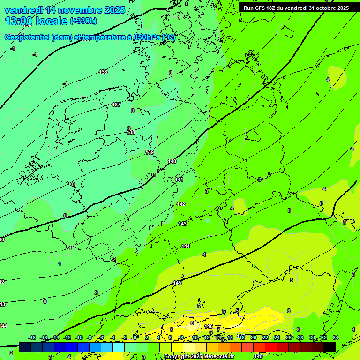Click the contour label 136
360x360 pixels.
point(103,72)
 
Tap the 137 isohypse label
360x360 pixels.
point(116,105)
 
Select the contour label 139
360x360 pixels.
point(150,152)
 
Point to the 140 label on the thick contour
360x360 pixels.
point(172,161)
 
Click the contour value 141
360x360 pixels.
point(179,180)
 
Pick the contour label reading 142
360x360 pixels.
point(181,204)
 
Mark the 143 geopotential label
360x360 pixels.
point(182,224)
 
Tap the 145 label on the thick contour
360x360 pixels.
point(177,283)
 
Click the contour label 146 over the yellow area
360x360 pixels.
point(209,326)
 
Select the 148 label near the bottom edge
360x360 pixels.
point(258,357)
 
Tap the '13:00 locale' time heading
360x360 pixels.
point(37,21)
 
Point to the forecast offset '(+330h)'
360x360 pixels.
point(83,21)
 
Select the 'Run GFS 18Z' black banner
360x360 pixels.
point(296,8)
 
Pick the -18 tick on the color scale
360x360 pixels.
point(32,337)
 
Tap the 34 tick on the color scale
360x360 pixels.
point(336,337)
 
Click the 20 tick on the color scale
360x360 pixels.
point(254,337)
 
